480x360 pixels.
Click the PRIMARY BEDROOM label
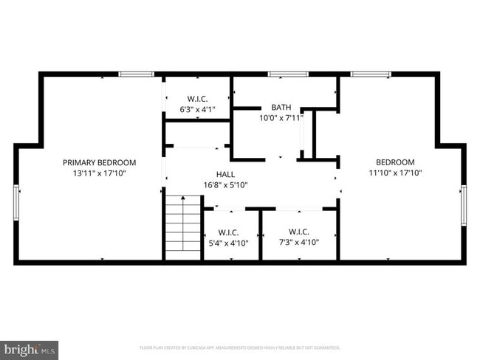click(x=99, y=162)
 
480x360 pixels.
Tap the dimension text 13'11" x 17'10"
click(x=99, y=173)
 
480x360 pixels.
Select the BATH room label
click(x=281, y=107)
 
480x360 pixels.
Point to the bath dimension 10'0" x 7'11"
click(x=281, y=117)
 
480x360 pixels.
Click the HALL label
click(x=225, y=174)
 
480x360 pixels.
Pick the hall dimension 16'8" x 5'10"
click(x=225, y=185)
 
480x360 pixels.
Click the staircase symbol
click(x=182, y=226)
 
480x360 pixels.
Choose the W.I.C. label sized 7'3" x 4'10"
click(x=298, y=231)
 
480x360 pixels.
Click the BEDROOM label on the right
click(x=395, y=162)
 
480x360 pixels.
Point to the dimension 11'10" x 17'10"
click(x=395, y=173)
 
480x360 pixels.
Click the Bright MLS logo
click(x=30, y=347)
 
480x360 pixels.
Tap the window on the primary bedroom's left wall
click(x=16, y=205)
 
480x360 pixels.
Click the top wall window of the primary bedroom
click(x=136, y=74)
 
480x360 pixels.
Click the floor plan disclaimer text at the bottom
click(x=240, y=347)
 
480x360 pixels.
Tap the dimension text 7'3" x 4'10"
click(x=298, y=242)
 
